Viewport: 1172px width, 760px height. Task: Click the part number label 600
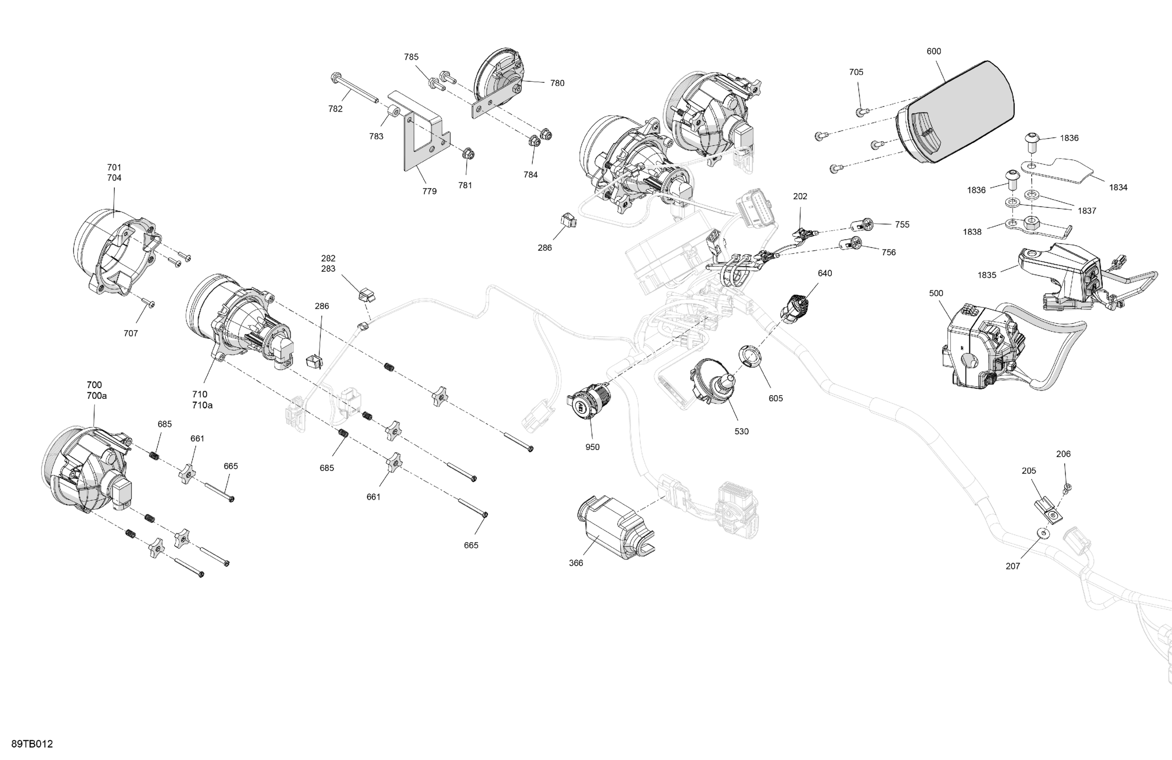pos(934,51)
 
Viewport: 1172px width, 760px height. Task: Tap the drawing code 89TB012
pos(32,744)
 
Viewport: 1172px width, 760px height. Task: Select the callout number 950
pos(592,447)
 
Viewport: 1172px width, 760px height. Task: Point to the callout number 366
pos(576,563)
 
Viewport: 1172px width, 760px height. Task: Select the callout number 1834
pos(1118,187)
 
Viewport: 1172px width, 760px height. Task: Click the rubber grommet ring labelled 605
pos(750,356)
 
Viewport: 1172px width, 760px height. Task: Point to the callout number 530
pos(742,431)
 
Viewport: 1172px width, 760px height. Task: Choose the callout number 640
pos(825,273)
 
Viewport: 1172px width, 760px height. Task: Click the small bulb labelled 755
pos(861,226)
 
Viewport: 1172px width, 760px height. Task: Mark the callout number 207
pos(1012,566)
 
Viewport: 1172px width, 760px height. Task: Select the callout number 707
pos(131,334)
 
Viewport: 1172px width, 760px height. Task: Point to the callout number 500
pos(936,294)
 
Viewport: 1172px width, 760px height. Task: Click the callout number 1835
pos(987,275)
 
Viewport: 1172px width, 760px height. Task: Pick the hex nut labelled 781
pos(468,155)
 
